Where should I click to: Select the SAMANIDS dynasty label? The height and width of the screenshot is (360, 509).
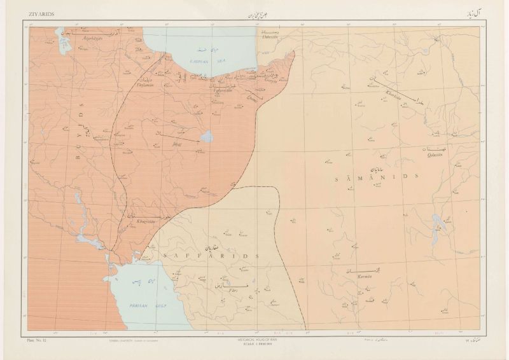click(x=375, y=180)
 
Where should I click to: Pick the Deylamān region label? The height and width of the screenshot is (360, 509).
click(x=148, y=84)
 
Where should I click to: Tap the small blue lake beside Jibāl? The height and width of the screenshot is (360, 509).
click(x=207, y=137)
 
